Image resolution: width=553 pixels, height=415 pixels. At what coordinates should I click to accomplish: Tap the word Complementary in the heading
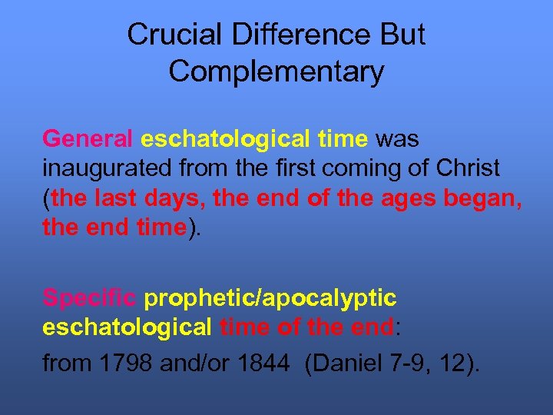(x=276, y=71)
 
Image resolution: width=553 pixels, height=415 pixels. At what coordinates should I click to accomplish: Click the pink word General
(x=88, y=140)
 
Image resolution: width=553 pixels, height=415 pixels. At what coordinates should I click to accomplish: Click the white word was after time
(x=397, y=140)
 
